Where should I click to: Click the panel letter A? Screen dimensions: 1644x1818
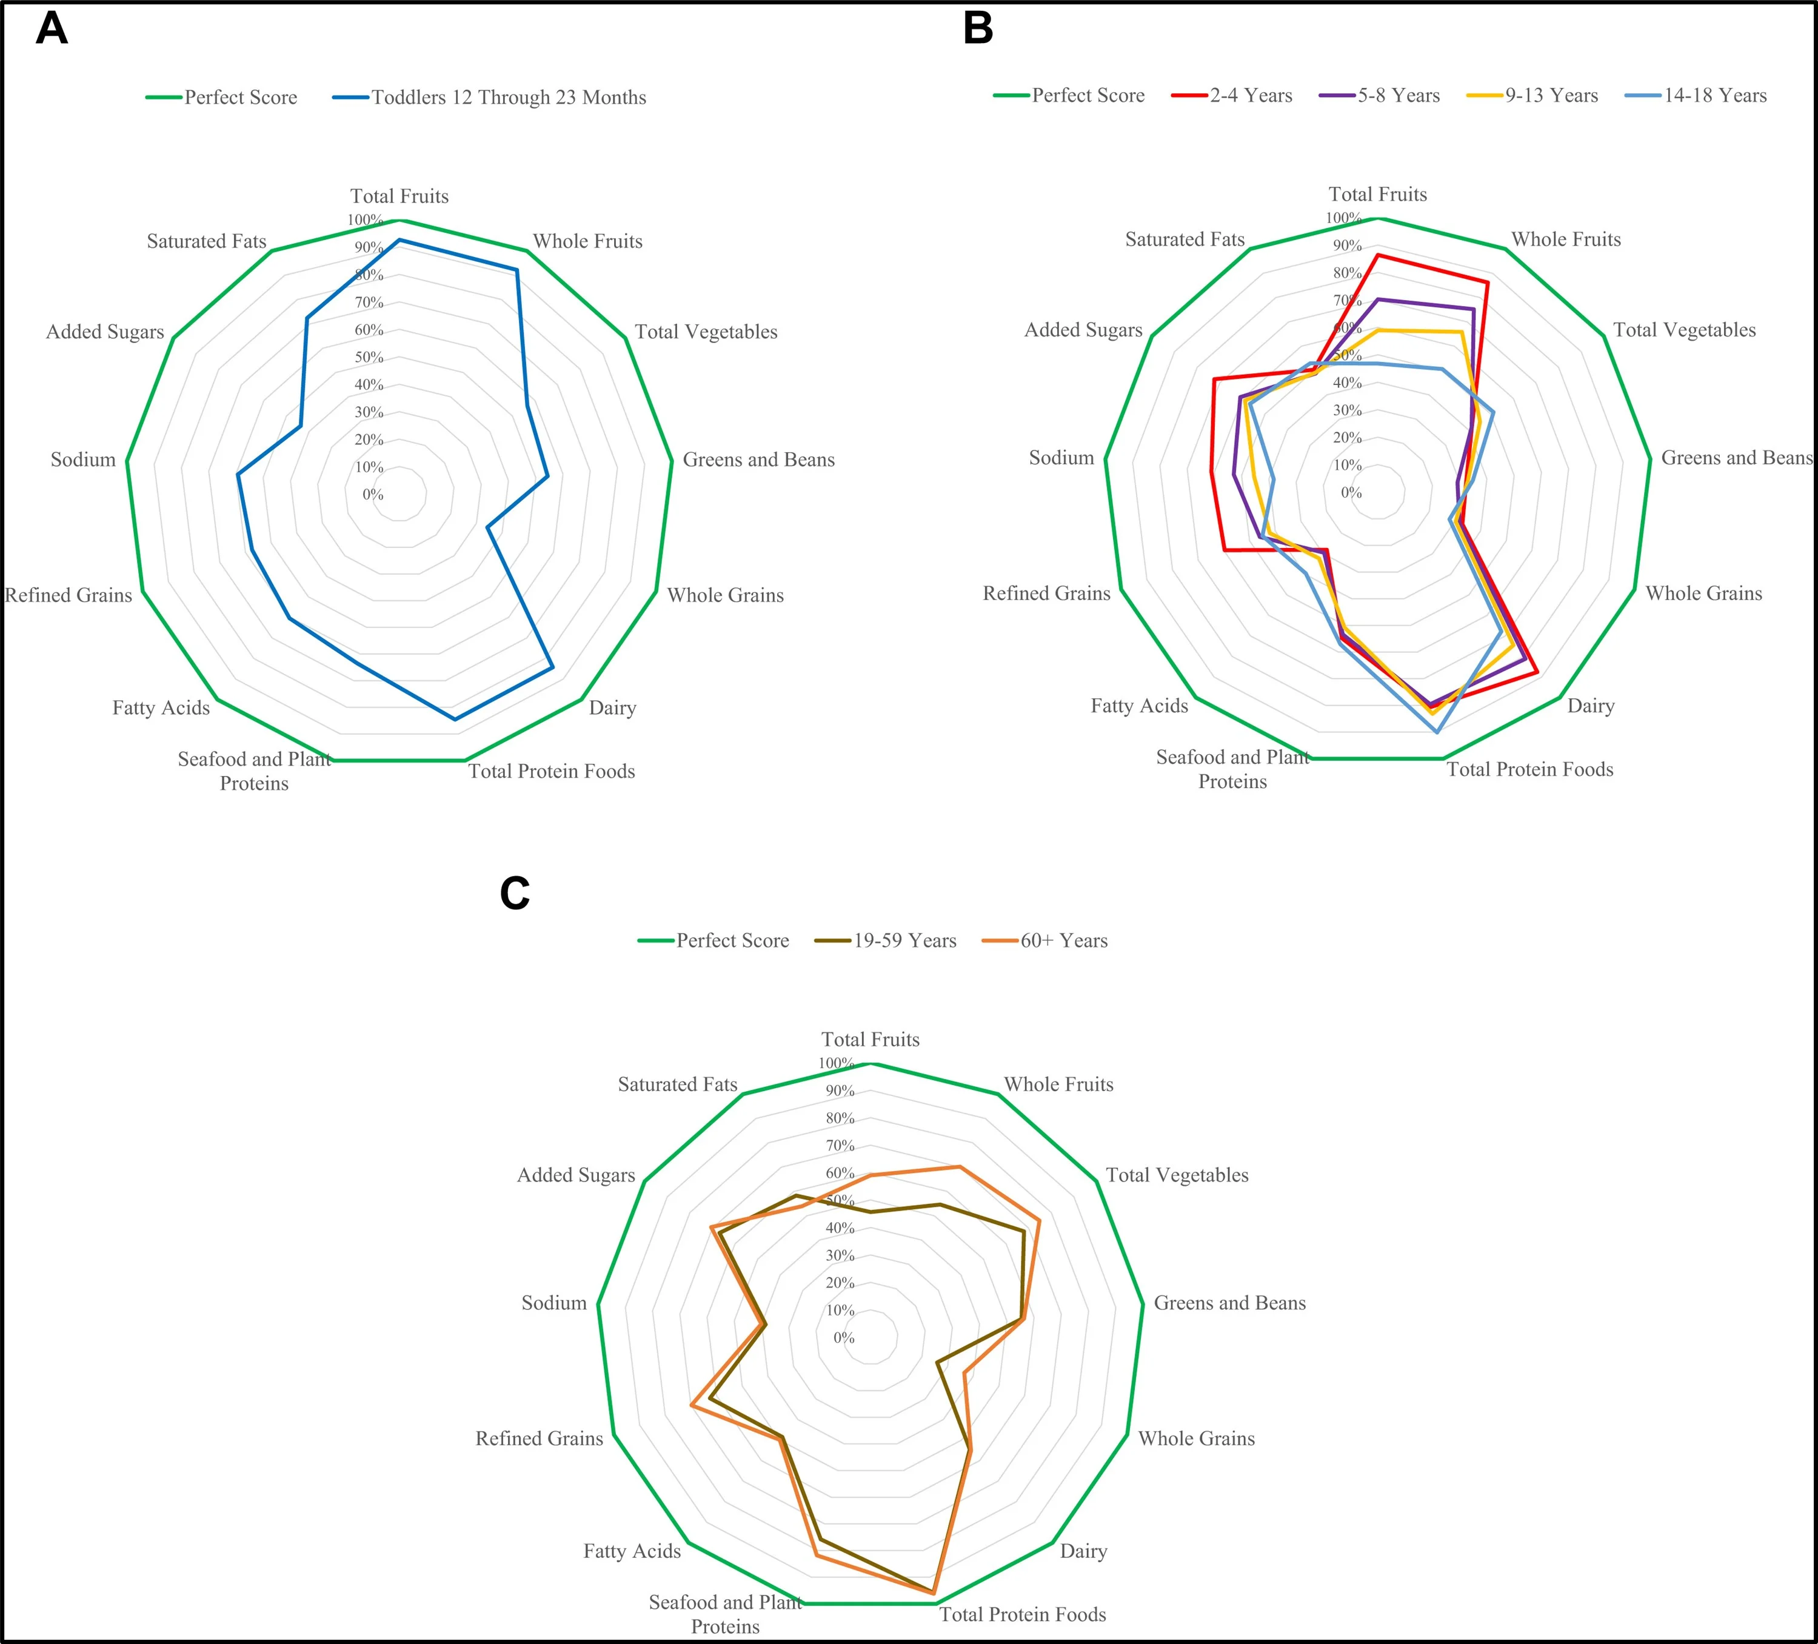52,29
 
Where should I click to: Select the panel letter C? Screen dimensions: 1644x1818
514,893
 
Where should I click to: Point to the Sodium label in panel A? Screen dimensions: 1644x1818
83,460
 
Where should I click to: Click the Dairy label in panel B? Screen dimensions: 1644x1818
1591,706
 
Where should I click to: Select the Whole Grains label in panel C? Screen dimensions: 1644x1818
1196,1439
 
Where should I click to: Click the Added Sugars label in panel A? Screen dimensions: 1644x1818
105,332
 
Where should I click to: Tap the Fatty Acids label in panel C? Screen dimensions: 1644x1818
631,1551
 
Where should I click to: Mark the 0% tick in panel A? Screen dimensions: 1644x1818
372,494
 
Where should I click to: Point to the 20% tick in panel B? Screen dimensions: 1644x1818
1347,438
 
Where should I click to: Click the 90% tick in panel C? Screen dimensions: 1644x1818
840,1091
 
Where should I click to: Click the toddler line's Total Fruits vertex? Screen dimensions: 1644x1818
399,241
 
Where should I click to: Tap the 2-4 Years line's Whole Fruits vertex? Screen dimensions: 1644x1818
1487,282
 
